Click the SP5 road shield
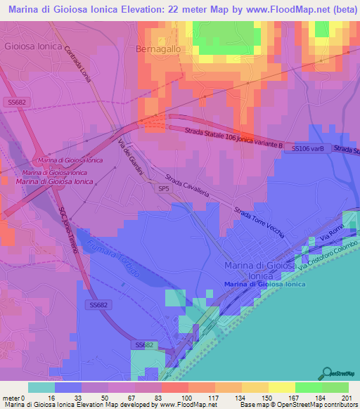click(164, 189)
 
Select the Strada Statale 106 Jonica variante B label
click(233, 138)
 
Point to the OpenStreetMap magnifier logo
click(326, 372)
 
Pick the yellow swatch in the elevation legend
click(281, 387)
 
